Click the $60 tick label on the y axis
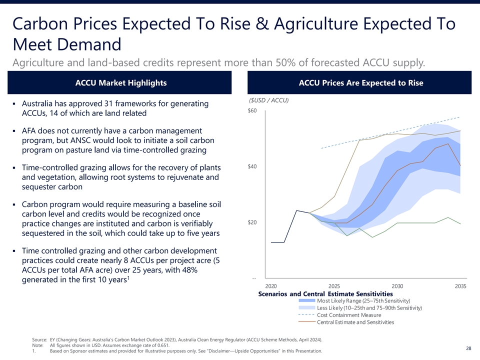pos(252,111)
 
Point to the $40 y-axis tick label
pos(252,166)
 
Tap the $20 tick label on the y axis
pos(252,222)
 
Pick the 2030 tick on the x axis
pos(397,286)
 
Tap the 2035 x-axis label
pos(461,286)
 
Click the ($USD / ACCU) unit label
pos(269,100)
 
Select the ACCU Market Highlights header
pos(120,83)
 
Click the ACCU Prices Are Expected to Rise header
pos(360,83)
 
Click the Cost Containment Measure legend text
pos(349,315)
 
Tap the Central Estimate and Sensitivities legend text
pos(355,322)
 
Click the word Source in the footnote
pos(39,339)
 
